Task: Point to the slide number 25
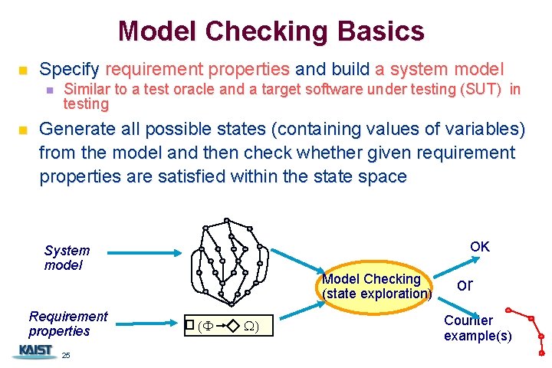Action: (66, 356)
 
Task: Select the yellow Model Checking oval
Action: (377, 286)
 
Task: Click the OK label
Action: (480, 246)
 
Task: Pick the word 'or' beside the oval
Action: (465, 284)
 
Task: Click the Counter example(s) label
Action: (477, 328)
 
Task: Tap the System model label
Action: (67, 258)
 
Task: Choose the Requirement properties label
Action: (67, 324)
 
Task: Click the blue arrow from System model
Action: (146, 252)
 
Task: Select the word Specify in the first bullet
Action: (69, 68)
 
